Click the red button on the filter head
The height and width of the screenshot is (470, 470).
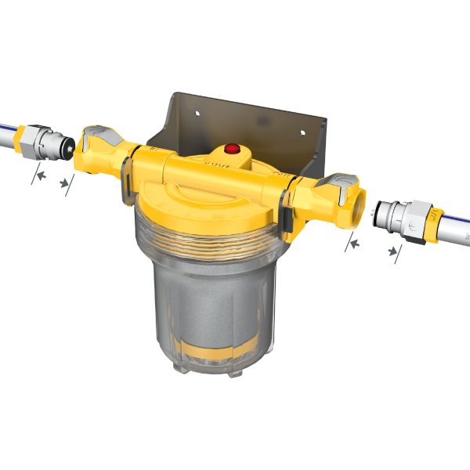click(x=232, y=147)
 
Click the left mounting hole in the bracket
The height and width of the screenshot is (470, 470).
click(x=197, y=114)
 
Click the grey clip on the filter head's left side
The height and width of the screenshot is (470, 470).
click(x=124, y=174)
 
